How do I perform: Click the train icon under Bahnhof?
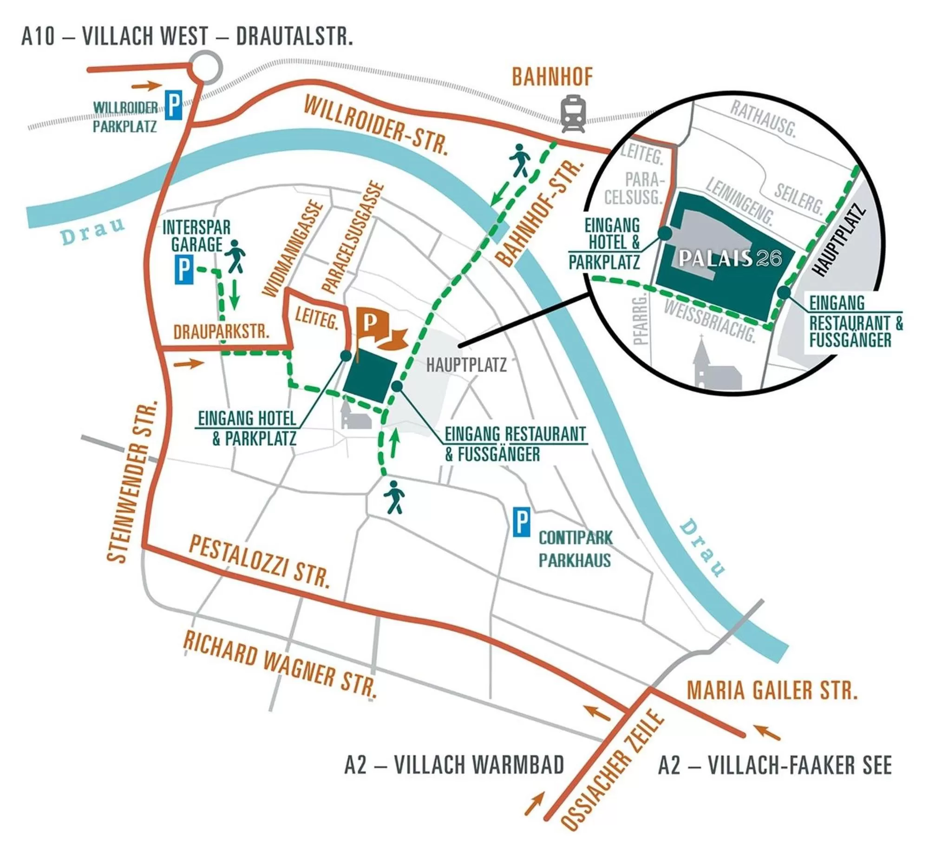572,113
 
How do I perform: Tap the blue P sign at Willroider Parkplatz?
173,105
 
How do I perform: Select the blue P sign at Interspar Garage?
183,270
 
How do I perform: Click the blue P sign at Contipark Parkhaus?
521,522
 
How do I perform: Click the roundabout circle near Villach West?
206,68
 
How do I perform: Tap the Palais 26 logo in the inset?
729,258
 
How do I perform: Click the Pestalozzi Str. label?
260,562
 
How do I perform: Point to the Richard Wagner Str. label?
280,665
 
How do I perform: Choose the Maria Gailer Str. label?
772,691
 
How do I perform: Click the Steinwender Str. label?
132,481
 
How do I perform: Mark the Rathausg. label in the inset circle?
762,119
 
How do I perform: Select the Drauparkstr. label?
221,331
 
